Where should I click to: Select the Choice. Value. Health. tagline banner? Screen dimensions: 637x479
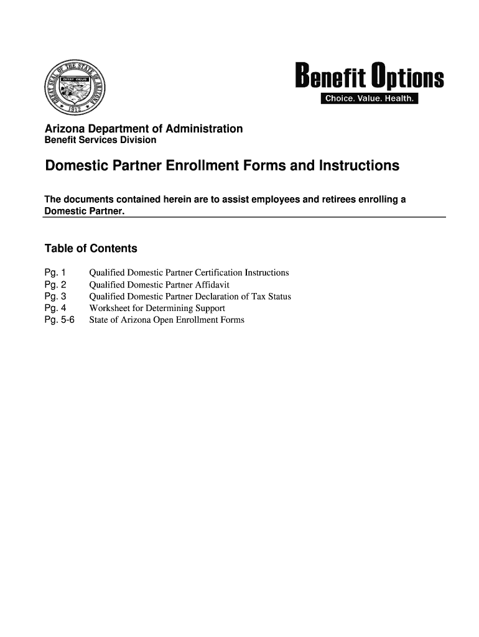tap(370, 101)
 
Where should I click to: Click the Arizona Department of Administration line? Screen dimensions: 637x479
tap(143, 129)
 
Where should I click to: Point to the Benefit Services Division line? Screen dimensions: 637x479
tap(100, 141)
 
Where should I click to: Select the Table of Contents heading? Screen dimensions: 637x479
tap(91, 249)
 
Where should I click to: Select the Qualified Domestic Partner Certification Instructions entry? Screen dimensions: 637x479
tap(189, 273)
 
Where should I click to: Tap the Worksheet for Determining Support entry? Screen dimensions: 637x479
tap(157, 309)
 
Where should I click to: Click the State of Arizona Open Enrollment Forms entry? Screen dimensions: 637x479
tap(167, 320)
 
